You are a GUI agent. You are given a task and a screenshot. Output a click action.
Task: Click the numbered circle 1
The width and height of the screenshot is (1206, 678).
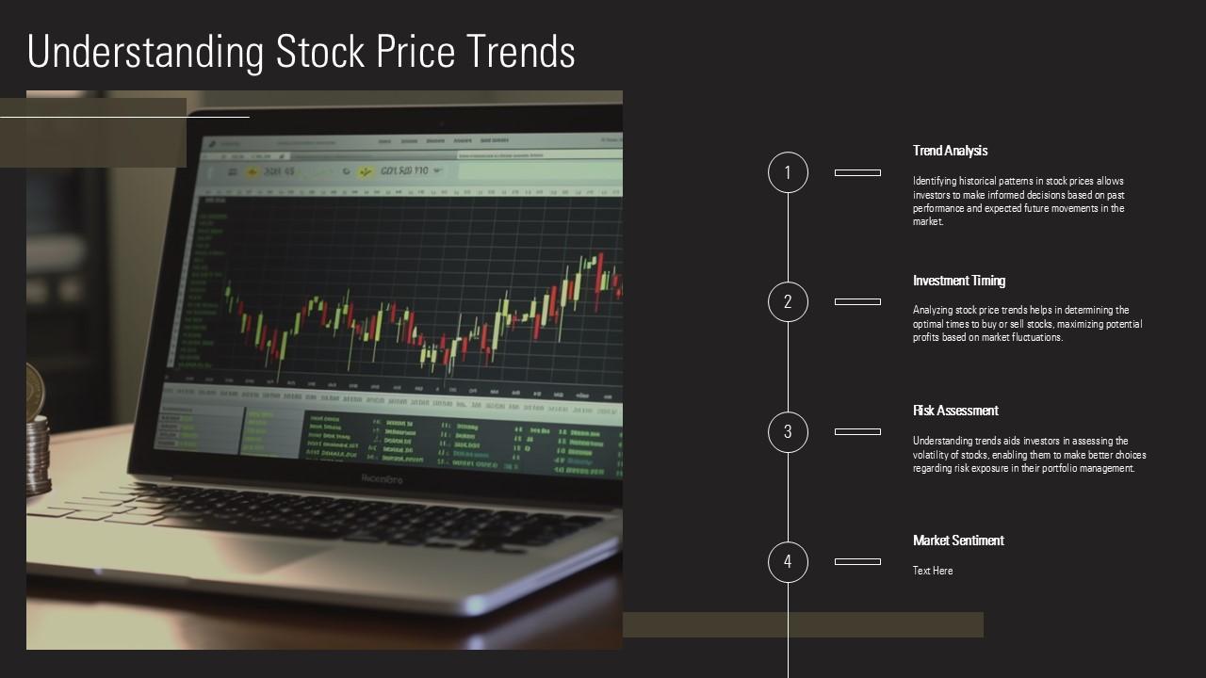pos(788,172)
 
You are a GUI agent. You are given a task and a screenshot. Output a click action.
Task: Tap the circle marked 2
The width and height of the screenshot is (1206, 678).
pos(788,302)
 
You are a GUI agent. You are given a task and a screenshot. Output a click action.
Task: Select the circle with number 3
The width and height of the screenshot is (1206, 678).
pos(788,432)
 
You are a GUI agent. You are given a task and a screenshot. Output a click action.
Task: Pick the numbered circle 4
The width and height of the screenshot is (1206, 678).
pos(788,562)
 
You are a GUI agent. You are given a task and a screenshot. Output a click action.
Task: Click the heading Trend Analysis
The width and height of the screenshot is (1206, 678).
pos(950,151)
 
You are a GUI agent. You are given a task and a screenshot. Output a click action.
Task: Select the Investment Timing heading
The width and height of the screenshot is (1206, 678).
pos(959,281)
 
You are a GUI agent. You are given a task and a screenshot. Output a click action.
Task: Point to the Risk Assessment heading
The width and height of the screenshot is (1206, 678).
pos(955,411)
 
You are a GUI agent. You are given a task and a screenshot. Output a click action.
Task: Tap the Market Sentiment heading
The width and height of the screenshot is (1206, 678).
pos(958,541)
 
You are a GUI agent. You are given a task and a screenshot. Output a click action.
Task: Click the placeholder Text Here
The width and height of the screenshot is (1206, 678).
pos(933,571)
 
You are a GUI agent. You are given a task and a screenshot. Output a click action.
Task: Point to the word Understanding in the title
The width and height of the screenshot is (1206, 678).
pos(146,53)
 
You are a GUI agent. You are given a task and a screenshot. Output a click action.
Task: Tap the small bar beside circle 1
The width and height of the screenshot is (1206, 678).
pos(857,172)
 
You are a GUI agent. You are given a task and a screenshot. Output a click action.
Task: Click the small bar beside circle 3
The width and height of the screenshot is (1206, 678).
pos(857,432)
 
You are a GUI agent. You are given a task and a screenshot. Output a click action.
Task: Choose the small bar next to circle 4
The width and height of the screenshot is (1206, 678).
pos(857,562)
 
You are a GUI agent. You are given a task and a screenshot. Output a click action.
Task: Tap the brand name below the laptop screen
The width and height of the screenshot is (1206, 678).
pos(383,479)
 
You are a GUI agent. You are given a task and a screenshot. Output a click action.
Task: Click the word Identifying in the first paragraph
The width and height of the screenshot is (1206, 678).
pos(934,181)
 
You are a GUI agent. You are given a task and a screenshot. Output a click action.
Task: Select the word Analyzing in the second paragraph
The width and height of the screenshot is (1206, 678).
pos(932,310)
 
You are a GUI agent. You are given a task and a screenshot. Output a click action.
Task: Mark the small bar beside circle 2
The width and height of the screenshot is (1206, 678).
pos(857,302)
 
